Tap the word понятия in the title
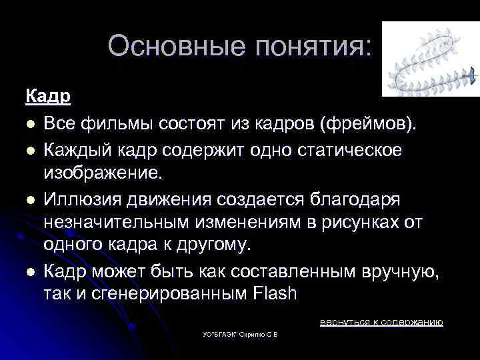tap(311, 46)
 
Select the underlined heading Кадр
tap(48, 96)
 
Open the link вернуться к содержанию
tap(381, 322)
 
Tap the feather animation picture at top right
tap(430, 59)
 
